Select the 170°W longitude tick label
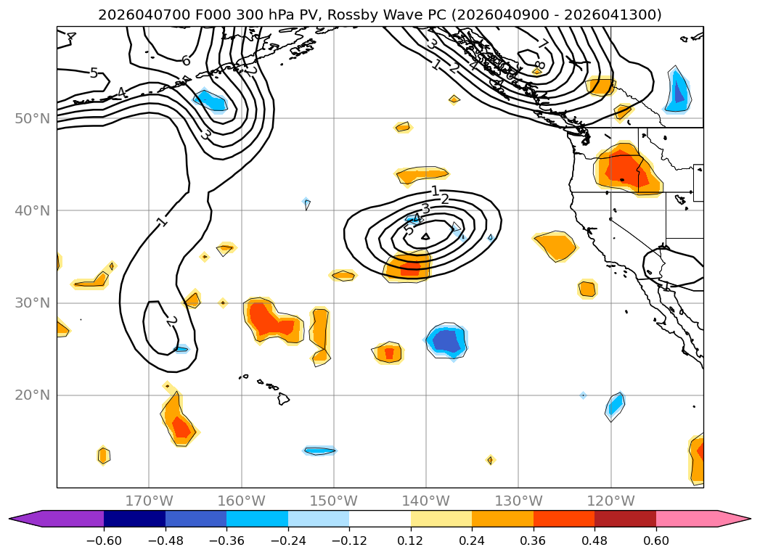[x=149, y=501]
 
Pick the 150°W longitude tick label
[x=334, y=501]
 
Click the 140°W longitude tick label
[x=426, y=501]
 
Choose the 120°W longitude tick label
[x=611, y=501]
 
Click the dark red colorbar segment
[x=625, y=519]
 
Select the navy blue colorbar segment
[x=134, y=519]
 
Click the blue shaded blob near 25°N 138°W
[x=446, y=340]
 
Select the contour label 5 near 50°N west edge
[x=94, y=73]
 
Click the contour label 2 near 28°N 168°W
[x=171, y=321]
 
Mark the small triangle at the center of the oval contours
[x=425, y=236]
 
